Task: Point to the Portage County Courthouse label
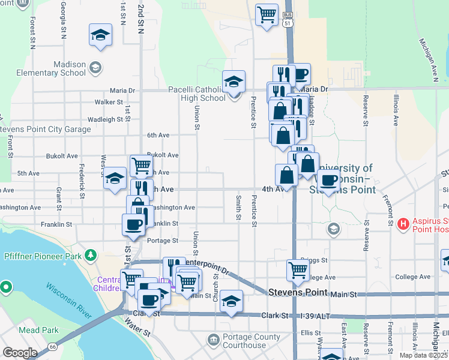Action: pyautogui.click(x=252, y=341)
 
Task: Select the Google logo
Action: pyautogui.click(x=20, y=353)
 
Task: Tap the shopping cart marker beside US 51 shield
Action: pyautogui.click(x=266, y=15)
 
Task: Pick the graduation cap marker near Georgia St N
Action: pyautogui.click(x=100, y=35)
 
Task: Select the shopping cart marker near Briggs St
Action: pyautogui.click(x=298, y=271)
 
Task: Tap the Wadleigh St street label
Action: pyautogui.click(x=105, y=119)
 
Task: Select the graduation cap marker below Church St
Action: pyautogui.click(x=231, y=302)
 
